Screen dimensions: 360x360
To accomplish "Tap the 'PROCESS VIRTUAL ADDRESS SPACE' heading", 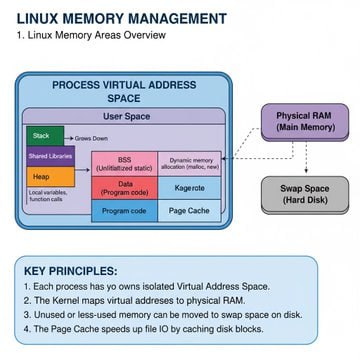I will coord(123,92).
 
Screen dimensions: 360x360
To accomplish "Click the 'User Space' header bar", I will coord(123,116).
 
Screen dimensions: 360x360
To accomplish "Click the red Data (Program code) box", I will coord(124,188).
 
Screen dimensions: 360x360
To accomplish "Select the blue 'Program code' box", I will coord(124,211).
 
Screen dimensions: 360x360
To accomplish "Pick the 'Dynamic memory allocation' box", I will coord(189,164).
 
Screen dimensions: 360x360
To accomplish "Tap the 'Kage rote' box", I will coord(189,188).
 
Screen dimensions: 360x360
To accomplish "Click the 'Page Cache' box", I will coord(189,211).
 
